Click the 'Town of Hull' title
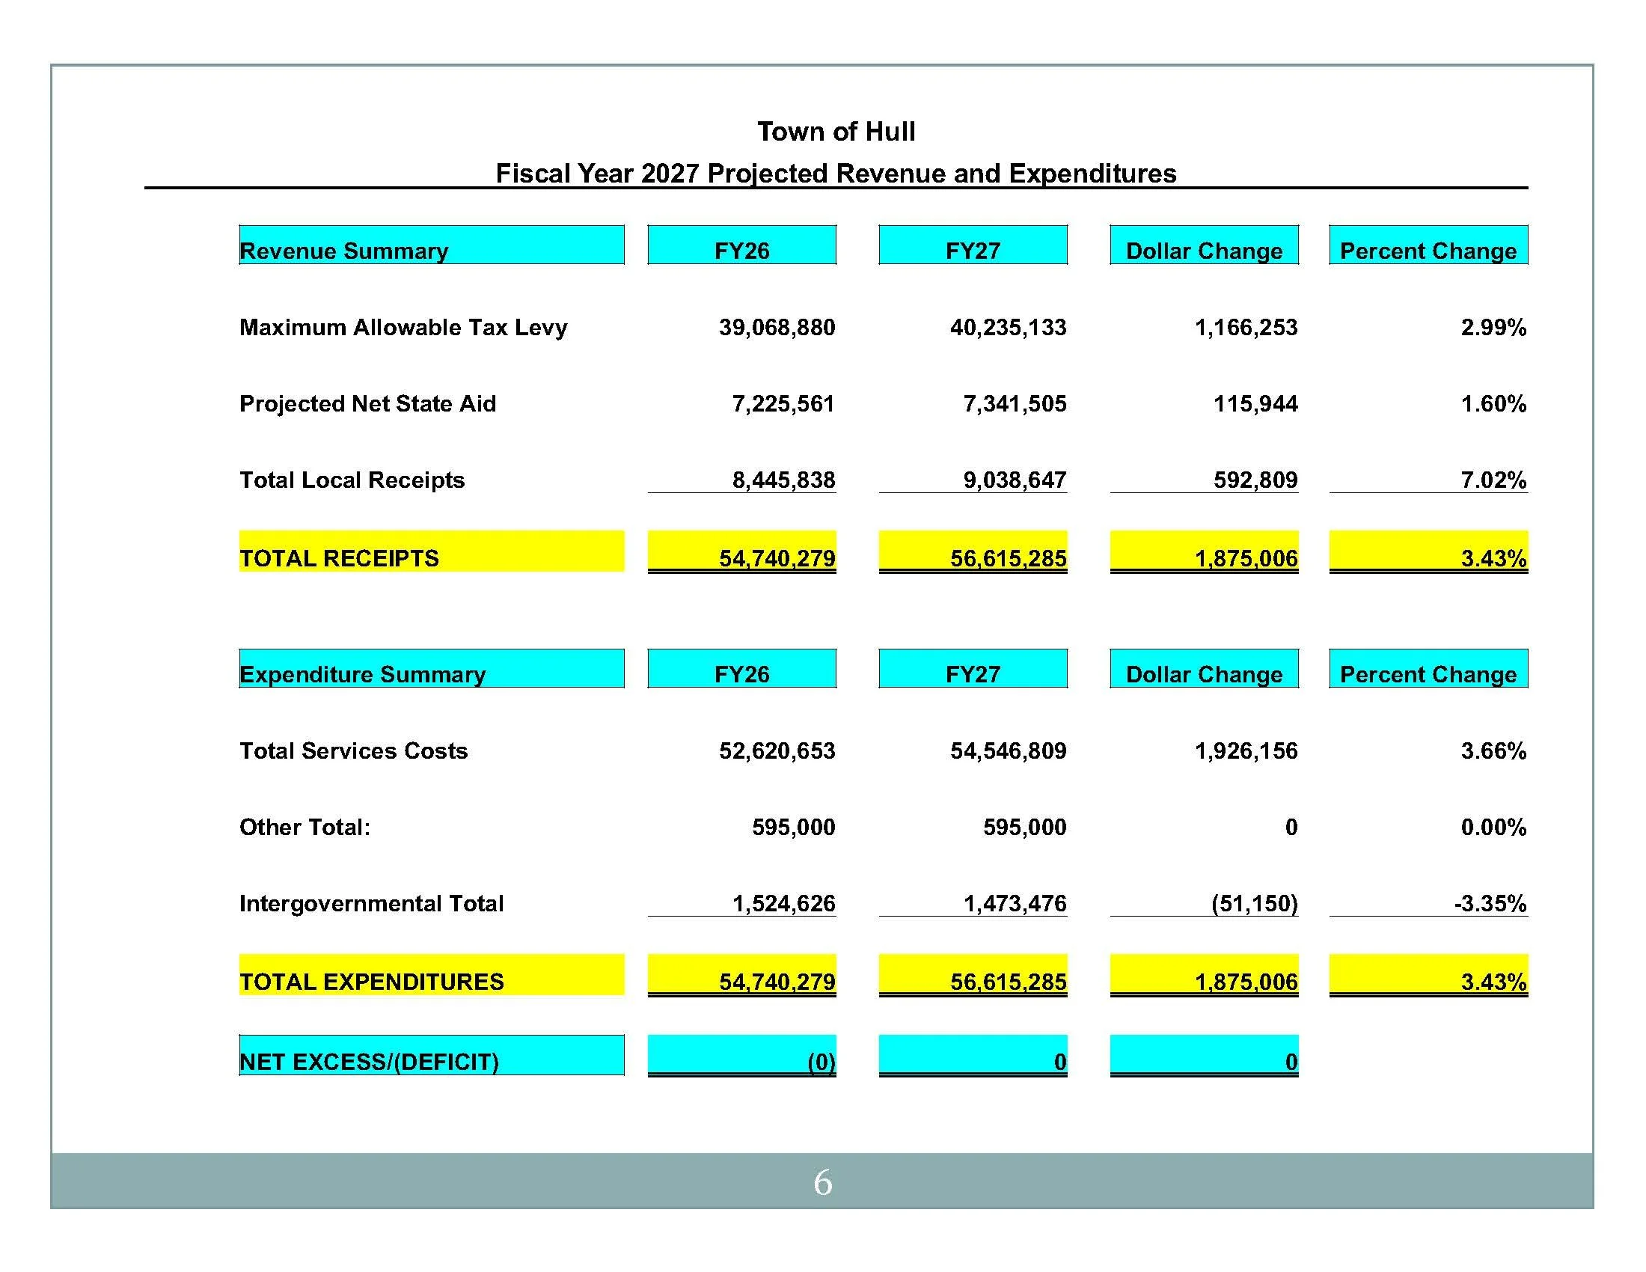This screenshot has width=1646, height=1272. tap(836, 132)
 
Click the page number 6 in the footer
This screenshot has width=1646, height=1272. tap(822, 1183)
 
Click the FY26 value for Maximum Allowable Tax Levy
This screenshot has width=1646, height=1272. tap(777, 327)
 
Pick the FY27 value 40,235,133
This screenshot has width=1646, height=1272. tap(1008, 327)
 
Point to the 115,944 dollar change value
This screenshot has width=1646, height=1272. tap(1255, 404)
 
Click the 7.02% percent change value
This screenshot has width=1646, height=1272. tap(1493, 480)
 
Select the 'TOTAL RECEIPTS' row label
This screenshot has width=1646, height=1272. tap(339, 558)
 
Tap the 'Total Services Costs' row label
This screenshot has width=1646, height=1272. tap(353, 750)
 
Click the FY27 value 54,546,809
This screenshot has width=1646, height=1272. tap(1008, 750)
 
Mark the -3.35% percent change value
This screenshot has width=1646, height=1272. tap(1490, 903)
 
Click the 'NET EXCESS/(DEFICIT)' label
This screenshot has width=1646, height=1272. tap(370, 1062)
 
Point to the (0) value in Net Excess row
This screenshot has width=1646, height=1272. tap(821, 1062)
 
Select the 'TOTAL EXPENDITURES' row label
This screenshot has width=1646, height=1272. tap(372, 982)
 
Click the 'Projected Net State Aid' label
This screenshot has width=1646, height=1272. tap(368, 404)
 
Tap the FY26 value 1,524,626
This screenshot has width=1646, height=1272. tap(784, 903)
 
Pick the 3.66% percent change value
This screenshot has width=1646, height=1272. tap(1493, 750)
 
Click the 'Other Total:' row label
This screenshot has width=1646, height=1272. tap(305, 828)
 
